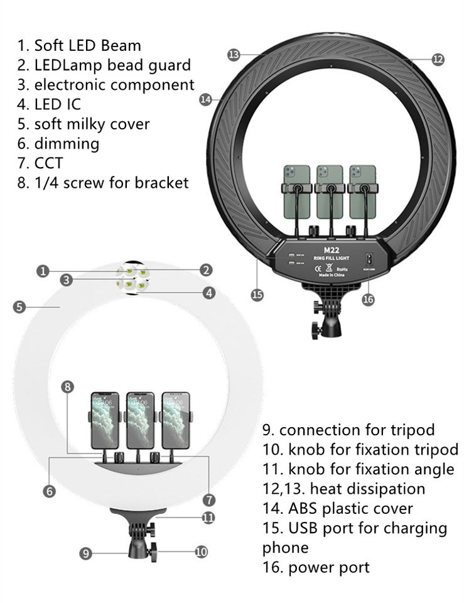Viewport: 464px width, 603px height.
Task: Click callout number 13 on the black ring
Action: tap(234, 55)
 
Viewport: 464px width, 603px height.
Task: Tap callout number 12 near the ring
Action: tap(438, 60)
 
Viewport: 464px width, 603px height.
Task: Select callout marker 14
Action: tap(205, 99)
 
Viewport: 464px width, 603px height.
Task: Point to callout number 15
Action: tap(256, 294)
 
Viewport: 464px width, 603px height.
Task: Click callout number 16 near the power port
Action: tap(368, 300)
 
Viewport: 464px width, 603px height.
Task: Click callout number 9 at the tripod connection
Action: tap(86, 553)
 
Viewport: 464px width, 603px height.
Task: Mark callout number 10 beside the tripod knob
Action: tap(201, 552)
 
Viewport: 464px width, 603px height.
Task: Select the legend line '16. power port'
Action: tap(316, 568)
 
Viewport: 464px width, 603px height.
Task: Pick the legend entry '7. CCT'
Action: tap(40, 163)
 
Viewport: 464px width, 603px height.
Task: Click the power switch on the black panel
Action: tap(369, 258)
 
